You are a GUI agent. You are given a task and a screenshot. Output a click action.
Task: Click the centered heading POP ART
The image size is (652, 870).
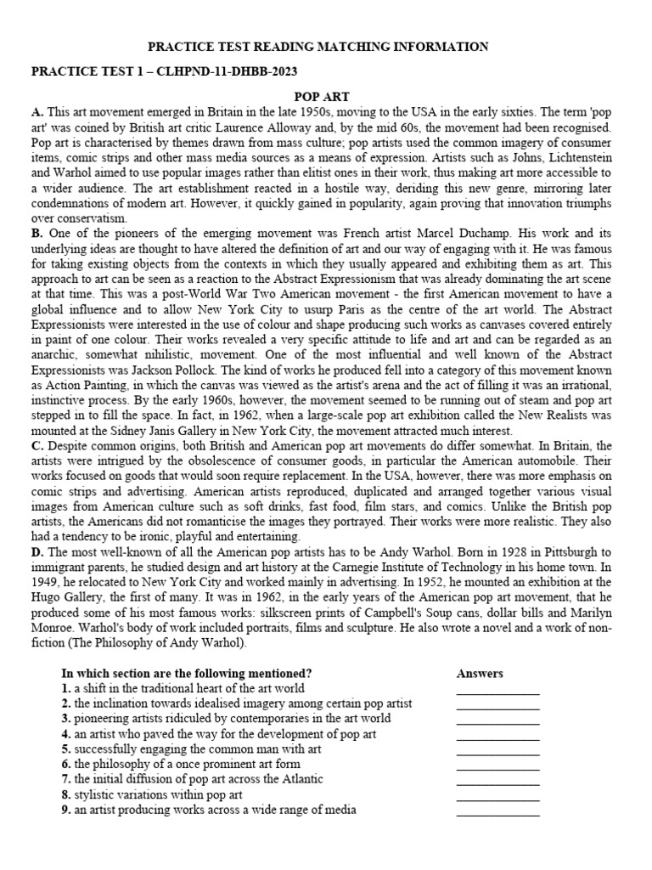coord(326,98)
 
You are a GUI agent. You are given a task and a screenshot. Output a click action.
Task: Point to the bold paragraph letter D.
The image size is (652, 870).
coord(37,551)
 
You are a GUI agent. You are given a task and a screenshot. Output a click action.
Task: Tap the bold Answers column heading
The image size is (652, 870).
coord(480,674)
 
